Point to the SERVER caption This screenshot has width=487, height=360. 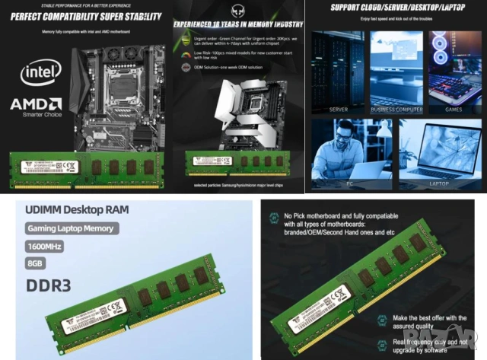click(x=339, y=109)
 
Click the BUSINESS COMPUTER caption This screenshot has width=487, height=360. click(x=396, y=109)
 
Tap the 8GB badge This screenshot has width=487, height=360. click(x=34, y=264)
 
